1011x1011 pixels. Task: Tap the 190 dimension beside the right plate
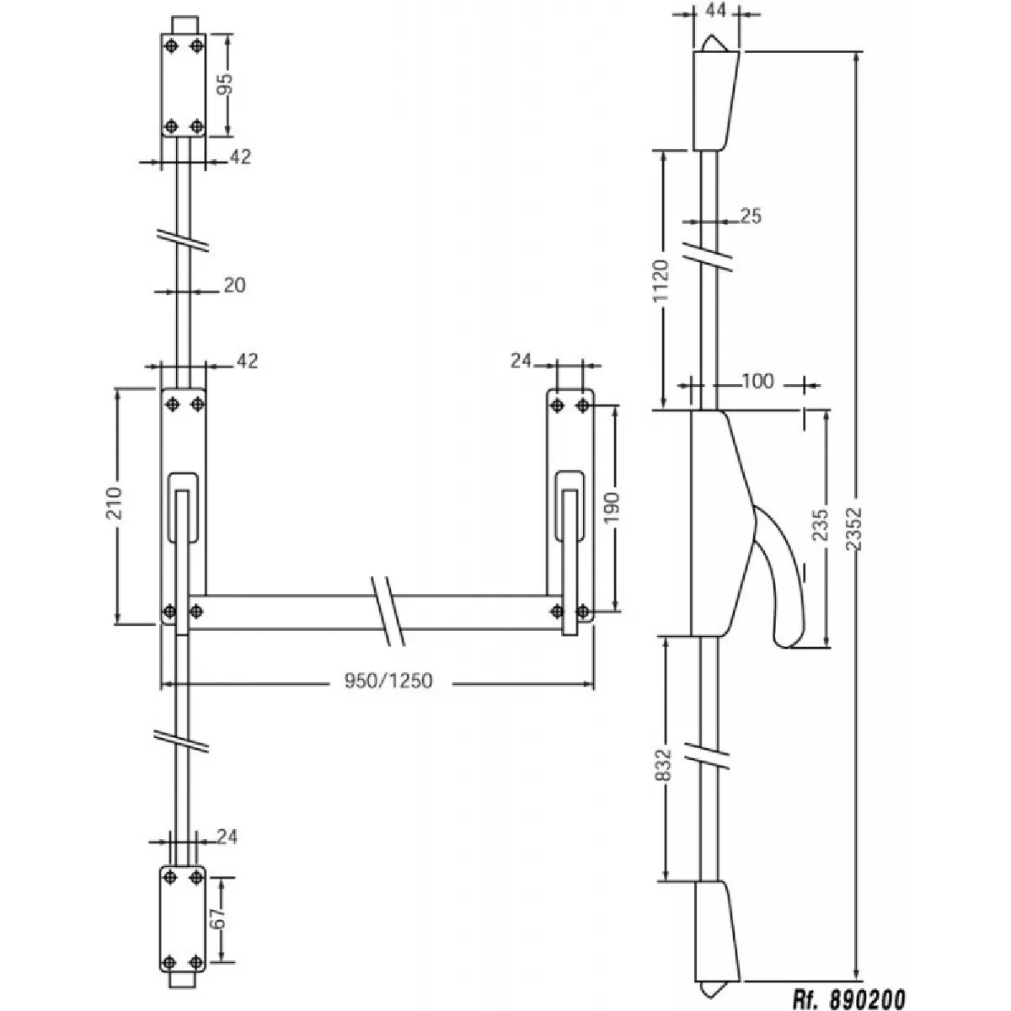pyautogui.click(x=612, y=508)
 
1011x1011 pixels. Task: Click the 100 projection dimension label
pyautogui.click(x=757, y=382)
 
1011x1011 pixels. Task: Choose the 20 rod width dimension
pyautogui.click(x=234, y=286)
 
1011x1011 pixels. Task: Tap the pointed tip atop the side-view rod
pyautogui.click(x=714, y=42)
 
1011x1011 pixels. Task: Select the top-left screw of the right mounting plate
pyautogui.click(x=557, y=406)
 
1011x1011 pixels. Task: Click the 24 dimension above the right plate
pyautogui.click(x=522, y=361)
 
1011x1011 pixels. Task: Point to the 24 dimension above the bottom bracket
pyautogui.click(x=226, y=837)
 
